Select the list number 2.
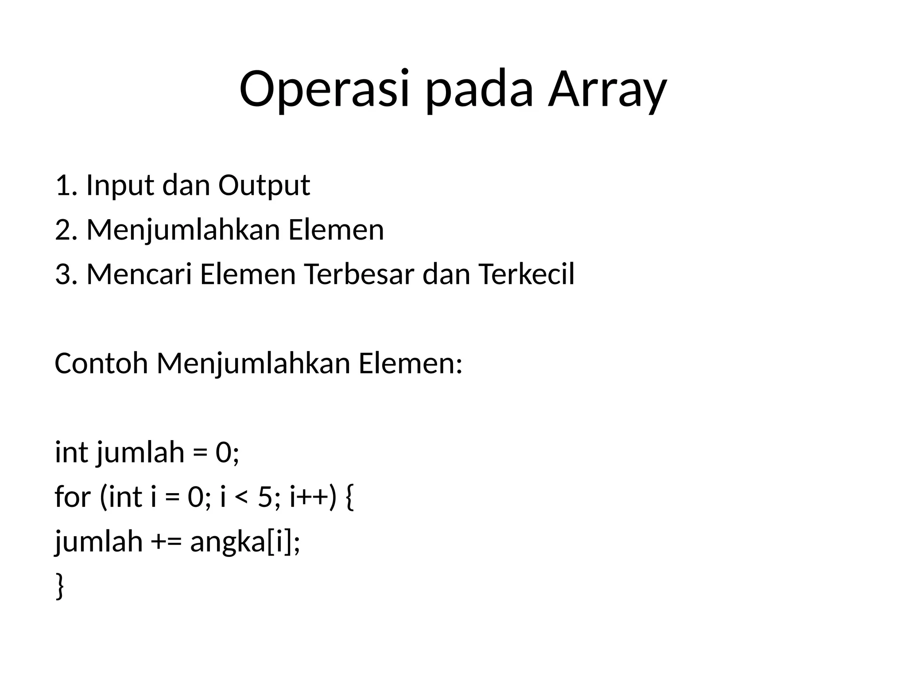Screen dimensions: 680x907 [63, 230]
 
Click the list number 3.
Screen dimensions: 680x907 [63, 274]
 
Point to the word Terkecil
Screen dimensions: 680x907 [526, 274]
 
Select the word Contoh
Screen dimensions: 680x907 [101, 363]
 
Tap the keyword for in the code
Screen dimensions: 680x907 [73, 497]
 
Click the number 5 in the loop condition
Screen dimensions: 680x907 [264, 497]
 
